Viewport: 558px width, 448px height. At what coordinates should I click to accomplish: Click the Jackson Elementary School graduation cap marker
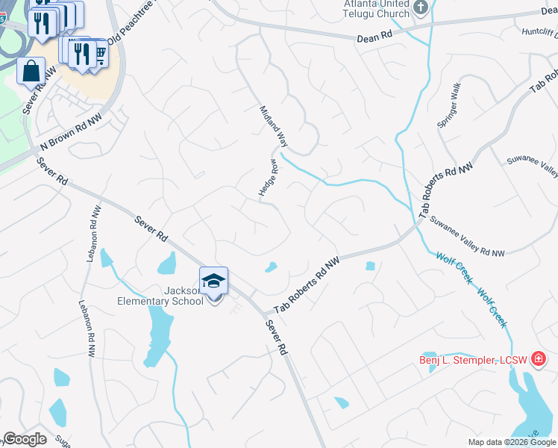point(213,281)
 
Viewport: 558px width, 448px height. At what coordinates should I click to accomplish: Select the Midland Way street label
point(274,125)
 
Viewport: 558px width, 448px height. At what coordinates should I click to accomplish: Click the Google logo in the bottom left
point(25,439)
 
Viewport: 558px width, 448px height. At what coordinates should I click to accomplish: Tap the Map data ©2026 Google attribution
point(512,442)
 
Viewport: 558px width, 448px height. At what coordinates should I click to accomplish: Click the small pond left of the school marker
point(167,263)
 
